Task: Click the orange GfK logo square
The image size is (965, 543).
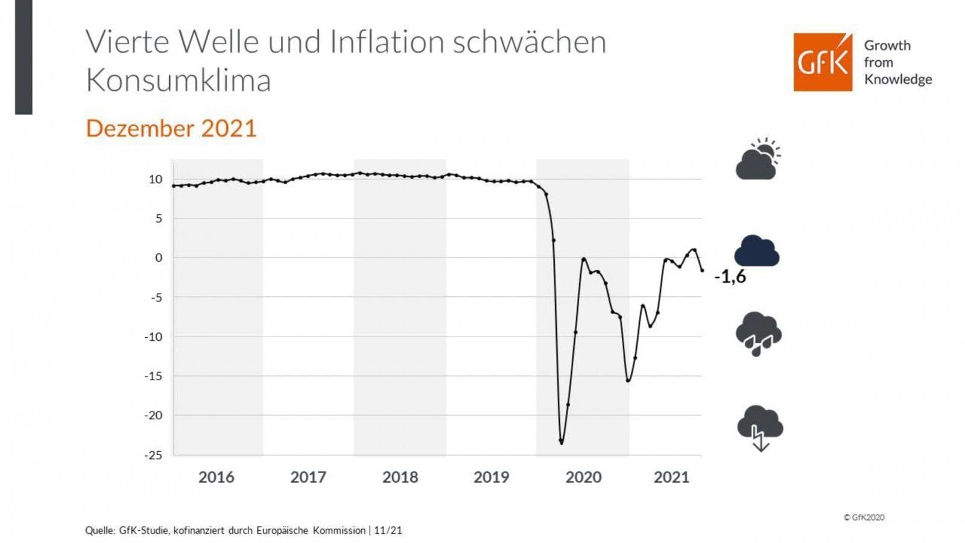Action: point(823,62)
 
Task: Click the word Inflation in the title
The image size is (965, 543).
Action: point(386,42)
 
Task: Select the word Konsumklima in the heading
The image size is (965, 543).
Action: point(179,80)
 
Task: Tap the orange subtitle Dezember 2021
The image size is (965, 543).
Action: point(171,129)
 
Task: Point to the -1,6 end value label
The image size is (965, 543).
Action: point(730,277)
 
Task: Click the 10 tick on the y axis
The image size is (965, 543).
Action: point(156,179)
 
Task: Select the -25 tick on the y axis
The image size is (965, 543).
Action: point(153,455)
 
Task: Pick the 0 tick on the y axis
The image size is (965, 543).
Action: point(159,258)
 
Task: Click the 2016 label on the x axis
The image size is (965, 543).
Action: point(216,477)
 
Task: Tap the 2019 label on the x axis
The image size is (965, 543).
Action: point(491,477)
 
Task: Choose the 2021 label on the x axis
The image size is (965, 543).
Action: point(671,477)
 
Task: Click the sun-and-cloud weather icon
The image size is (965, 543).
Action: point(758,159)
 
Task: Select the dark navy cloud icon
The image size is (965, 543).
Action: point(757,251)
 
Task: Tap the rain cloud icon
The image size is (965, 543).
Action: point(758,334)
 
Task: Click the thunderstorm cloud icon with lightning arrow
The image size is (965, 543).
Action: point(760,428)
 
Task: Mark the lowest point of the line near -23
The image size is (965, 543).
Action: point(562,442)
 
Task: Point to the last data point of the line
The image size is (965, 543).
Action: point(702,270)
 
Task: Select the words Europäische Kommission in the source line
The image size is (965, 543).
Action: point(311,530)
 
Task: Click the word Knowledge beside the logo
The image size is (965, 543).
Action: point(897,79)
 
